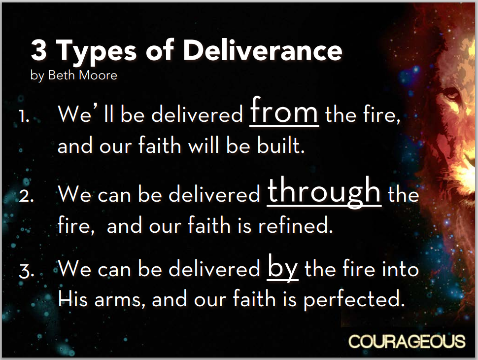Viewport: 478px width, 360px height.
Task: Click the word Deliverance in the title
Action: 263,50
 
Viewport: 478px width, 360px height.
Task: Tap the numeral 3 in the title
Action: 39,50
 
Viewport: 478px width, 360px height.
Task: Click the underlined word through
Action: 324,192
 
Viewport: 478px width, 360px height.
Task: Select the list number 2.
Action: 26,196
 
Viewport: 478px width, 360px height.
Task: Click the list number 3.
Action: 26,271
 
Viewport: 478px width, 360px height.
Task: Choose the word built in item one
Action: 280,145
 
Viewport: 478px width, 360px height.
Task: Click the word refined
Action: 295,225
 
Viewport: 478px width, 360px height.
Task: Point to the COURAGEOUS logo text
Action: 407,341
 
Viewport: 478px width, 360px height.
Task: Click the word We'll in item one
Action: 86,113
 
